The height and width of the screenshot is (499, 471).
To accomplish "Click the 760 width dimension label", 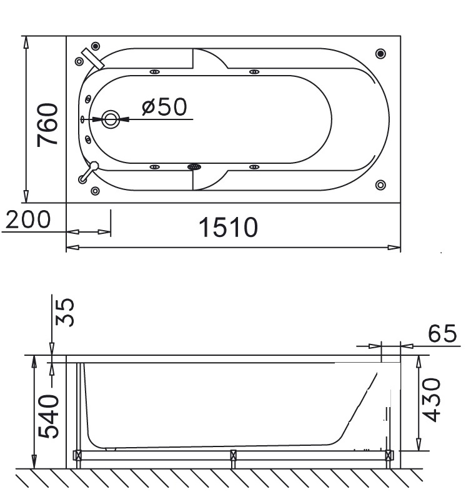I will (x=47, y=125).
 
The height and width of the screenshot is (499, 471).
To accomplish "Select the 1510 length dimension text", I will (x=229, y=227).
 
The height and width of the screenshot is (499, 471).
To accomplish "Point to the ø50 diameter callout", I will (x=164, y=107).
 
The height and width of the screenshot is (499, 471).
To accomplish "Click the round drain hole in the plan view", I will (x=111, y=118).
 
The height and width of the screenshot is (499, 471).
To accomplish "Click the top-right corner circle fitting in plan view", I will (x=381, y=53).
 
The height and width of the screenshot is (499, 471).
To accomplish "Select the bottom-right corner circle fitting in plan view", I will (x=381, y=184).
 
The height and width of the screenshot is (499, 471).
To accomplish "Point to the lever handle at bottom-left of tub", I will (x=88, y=171).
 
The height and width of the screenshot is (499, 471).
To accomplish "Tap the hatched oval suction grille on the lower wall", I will (x=194, y=167).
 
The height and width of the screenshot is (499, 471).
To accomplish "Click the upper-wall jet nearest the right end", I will (x=254, y=72).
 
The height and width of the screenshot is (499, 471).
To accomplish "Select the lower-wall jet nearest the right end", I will (x=254, y=167).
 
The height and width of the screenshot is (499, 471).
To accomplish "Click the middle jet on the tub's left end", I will (x=84, y=119).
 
